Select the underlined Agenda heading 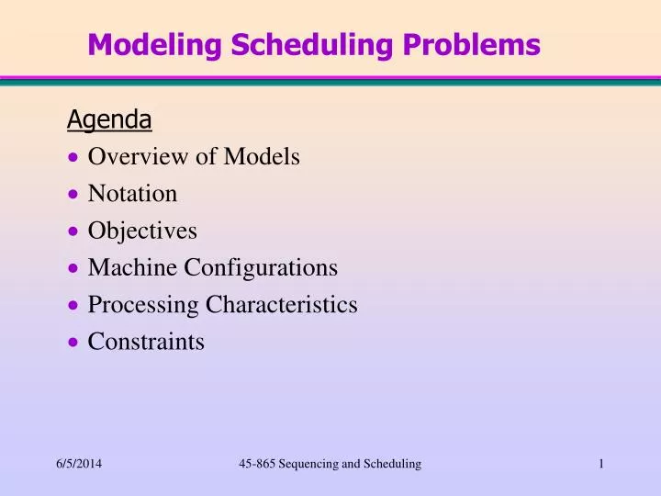pos(109,119)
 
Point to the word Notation pos(132,194)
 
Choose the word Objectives pos(142,231)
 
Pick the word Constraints pos(146,342)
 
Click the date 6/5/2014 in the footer pos(79,465)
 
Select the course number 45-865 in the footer pos(256,465)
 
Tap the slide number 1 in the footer pos(600,465)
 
